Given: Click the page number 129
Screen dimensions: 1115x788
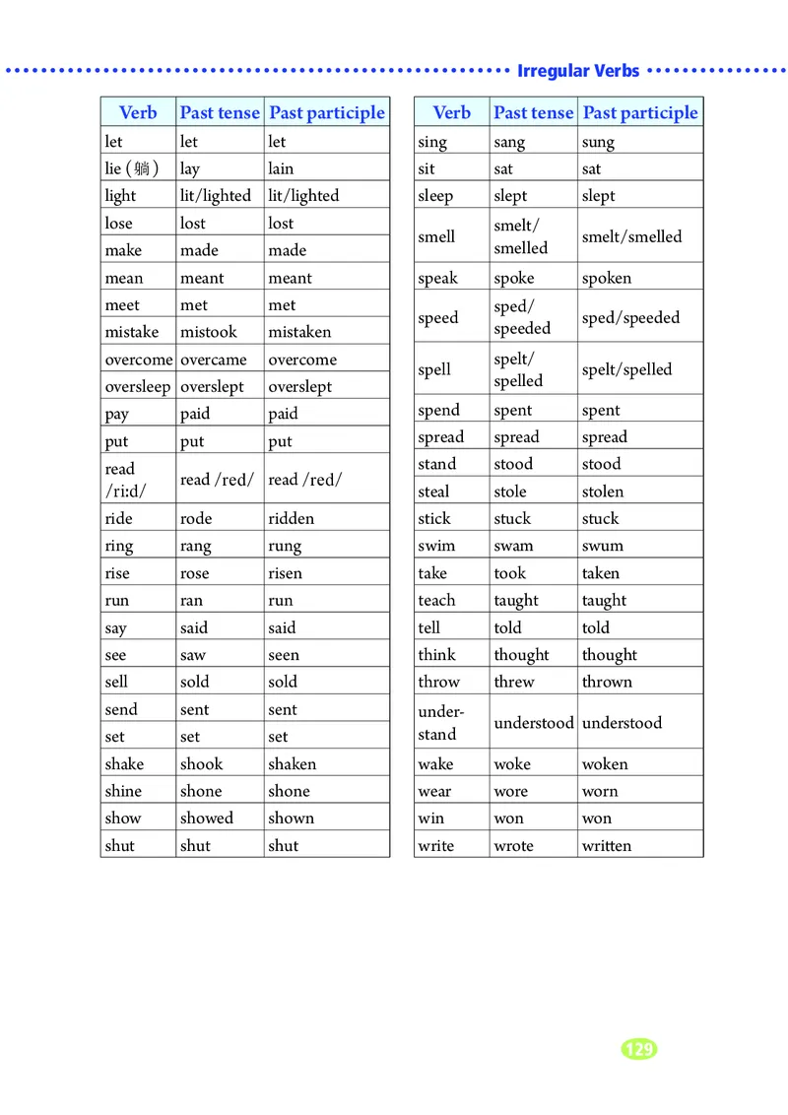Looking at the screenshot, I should (639, 1049).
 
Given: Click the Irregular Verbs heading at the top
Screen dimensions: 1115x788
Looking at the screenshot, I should (578, 71).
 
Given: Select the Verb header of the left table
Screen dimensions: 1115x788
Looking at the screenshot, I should (138, 112).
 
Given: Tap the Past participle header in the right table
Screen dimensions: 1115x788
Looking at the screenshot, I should (640, 112).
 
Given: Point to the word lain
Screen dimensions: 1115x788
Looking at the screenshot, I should (281, 168).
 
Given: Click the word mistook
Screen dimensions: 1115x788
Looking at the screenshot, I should (209, 332).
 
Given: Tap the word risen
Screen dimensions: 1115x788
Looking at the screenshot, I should (285, 573).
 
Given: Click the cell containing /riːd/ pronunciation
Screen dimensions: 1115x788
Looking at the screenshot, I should (125, 491).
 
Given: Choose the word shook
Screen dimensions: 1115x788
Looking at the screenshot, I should (201, 763).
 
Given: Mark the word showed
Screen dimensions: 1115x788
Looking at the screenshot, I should (207, 818).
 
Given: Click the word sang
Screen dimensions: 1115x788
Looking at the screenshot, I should (509, 142).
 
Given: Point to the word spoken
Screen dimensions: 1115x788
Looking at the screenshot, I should (607, 278).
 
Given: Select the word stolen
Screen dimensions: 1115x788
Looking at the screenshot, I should (603, 492).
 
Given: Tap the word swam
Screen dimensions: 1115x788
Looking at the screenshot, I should (513, 546).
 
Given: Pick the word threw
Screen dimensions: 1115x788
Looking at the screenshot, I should (514, 682).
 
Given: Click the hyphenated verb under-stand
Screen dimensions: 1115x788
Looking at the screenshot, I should (439, 722).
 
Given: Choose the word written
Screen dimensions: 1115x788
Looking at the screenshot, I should (607, 845).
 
